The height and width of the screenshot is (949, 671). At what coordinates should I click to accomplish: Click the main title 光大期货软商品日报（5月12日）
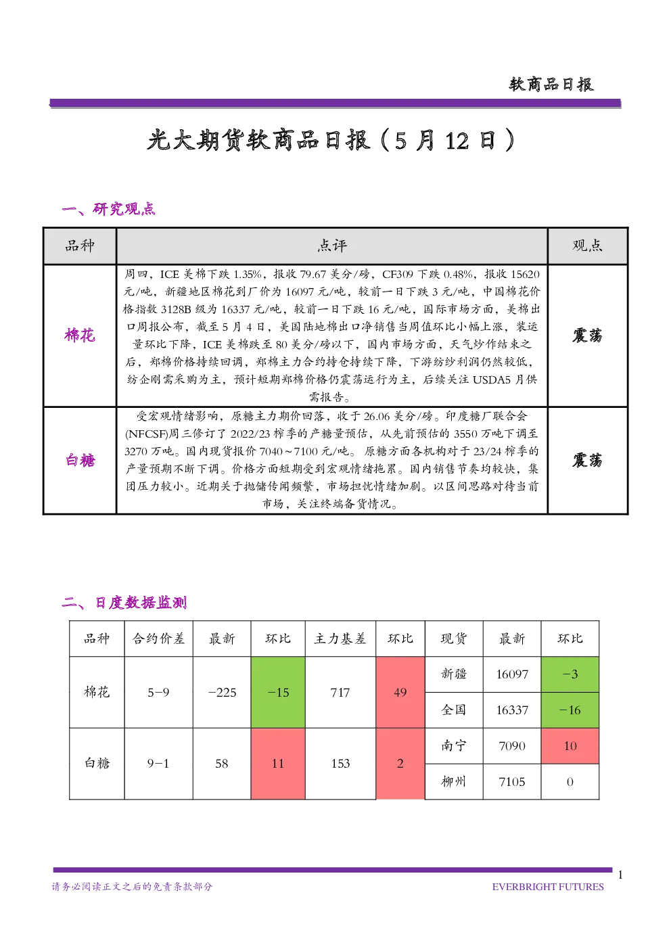pyautogui.click(x=331, y=140)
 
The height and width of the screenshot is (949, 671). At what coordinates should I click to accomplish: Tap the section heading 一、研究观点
pyautogui.click(x=108, y=209)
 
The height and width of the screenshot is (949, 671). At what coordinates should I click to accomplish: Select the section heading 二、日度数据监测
pyautogui.click(x=124, y=602)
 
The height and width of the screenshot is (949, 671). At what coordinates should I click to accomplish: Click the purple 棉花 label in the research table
pyautogui.click(x=80, y=335)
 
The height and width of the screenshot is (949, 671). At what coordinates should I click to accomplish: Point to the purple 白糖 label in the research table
pyautogui.click(x=80, y=460)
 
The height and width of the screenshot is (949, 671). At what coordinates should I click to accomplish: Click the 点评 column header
pyautogui.click(x=332, y=246)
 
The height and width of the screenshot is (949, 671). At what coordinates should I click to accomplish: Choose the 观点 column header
pyautogui.click(x=588, y=246)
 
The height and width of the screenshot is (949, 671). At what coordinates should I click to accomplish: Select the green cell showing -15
pyautogui.click(x=278, y=692)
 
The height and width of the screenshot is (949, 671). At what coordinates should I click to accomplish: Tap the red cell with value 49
pyautogui.click(x=400, y=692)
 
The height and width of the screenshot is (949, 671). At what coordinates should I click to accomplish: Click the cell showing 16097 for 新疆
pyautogui.click(x=512, y=674)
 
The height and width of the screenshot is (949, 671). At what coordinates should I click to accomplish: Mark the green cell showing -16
pyautogui.click(x=570, y=710)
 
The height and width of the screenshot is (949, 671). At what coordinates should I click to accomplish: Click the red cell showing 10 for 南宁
pyautogui.click(x=570, y=745)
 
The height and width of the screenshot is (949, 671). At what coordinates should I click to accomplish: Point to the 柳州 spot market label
pyautogui.click(x=454, y=782)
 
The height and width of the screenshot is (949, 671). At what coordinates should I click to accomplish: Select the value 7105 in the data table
pyautogui.click(x=512, y=782)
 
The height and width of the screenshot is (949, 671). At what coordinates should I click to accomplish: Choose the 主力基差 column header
pyautogui.click(x=340, y=639)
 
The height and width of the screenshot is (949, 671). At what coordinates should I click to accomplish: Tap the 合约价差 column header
pyautogui.click(x=158, y=639)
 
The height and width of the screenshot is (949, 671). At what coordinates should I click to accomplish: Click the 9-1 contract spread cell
pyautogui.click(x=158, y=764)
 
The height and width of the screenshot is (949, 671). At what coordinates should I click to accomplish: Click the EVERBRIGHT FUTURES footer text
pyautogui.click(x=548, y=887)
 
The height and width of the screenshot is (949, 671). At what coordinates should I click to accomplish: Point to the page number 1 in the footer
pyautogui.click(x=620, y=875)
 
